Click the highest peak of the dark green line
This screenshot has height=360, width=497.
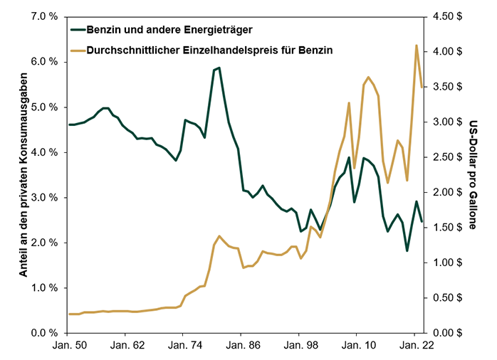pyautogui.click(x=219, y=68)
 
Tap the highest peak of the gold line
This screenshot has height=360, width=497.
pyautogui.click(x=416, y=46)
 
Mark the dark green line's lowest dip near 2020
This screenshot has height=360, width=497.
pyautogui.click(x=407, y=250)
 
